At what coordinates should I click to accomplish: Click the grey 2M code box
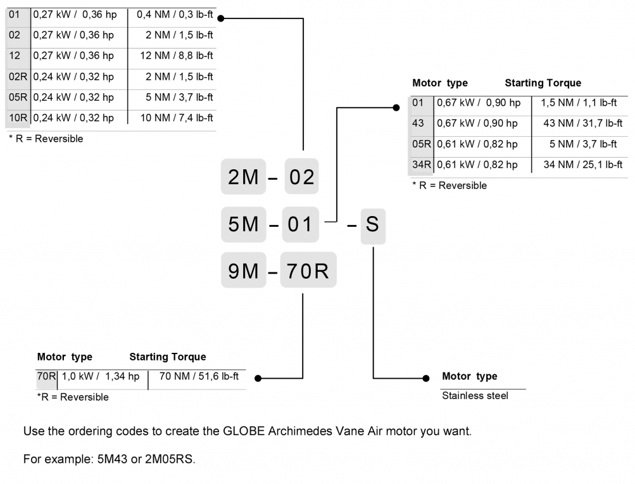[x=244, y=177]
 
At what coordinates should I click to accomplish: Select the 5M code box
[x=244, y=224]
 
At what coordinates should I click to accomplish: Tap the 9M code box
[x=244, y=271]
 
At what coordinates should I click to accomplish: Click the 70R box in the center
[x=308, y=271]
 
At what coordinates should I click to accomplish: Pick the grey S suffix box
[x=372, y=224]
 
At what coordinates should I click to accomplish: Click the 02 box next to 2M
[x=301, y=177]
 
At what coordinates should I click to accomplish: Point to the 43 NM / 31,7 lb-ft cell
[x=582, y=124]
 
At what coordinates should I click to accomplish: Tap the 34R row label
[x=422, y=165]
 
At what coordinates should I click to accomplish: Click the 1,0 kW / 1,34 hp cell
[x=101, y=376]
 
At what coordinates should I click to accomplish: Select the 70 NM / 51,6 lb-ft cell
[x=199, y=376]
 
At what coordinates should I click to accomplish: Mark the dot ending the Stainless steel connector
[x=426, y=378]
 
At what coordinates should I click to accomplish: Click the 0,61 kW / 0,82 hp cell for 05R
[x=477, y=144]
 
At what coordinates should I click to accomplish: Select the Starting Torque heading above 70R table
[x=168, y=357]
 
